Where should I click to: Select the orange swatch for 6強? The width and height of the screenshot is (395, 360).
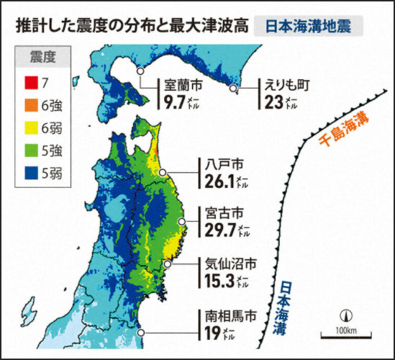tap(29, 106)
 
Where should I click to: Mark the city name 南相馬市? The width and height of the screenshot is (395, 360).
tap(227, 315)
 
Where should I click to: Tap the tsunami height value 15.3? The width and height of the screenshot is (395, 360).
tap(220, 281)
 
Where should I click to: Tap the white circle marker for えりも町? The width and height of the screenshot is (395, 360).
tap(233, 88)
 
